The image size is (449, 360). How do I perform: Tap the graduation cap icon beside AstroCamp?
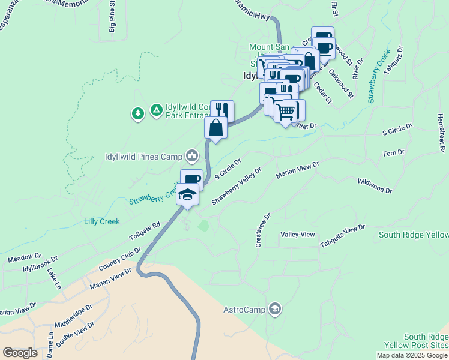[275, 309]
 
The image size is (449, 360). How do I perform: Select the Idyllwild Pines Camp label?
[143, 157]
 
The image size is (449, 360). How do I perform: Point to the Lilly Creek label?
[101, 221]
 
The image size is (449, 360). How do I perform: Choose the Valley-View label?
[298, 235]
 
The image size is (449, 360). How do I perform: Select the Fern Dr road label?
[394, 154]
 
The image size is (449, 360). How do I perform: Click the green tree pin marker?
[138, 113]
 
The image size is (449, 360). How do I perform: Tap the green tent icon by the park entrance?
[156, 110]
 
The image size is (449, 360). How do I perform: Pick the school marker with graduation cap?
[188, 196]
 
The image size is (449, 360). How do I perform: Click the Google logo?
[20, 353]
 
